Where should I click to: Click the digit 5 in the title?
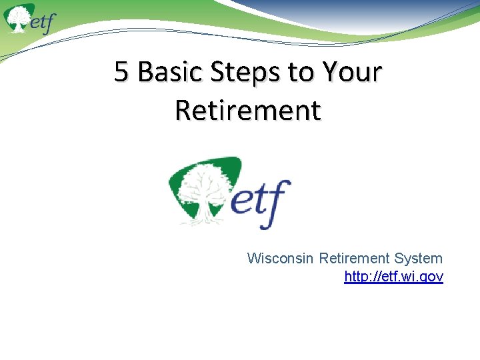click(121, 72)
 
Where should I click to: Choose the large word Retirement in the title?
click(248, 110)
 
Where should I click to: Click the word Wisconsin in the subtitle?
click(281, 258)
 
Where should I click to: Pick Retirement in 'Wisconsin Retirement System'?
click(352, 258)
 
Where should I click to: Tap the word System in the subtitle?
click(418, 258)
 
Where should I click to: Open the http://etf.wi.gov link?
click(393, 276)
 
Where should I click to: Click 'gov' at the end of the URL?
click(431, 277)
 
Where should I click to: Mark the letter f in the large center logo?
click(279, 200)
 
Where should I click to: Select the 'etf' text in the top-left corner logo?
click(41, 23)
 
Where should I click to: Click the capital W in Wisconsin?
click(253, 258)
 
